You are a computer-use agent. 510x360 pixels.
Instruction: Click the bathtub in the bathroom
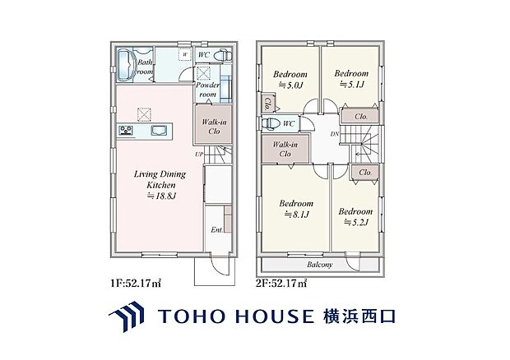pos(126,64)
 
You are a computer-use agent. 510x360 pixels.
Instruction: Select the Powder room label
pos(209,90)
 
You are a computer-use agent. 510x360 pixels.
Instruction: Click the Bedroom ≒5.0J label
pos(290,78)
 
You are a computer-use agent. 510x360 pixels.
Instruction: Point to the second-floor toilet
pos(270,124)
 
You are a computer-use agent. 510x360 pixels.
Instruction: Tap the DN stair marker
pos(333,134)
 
